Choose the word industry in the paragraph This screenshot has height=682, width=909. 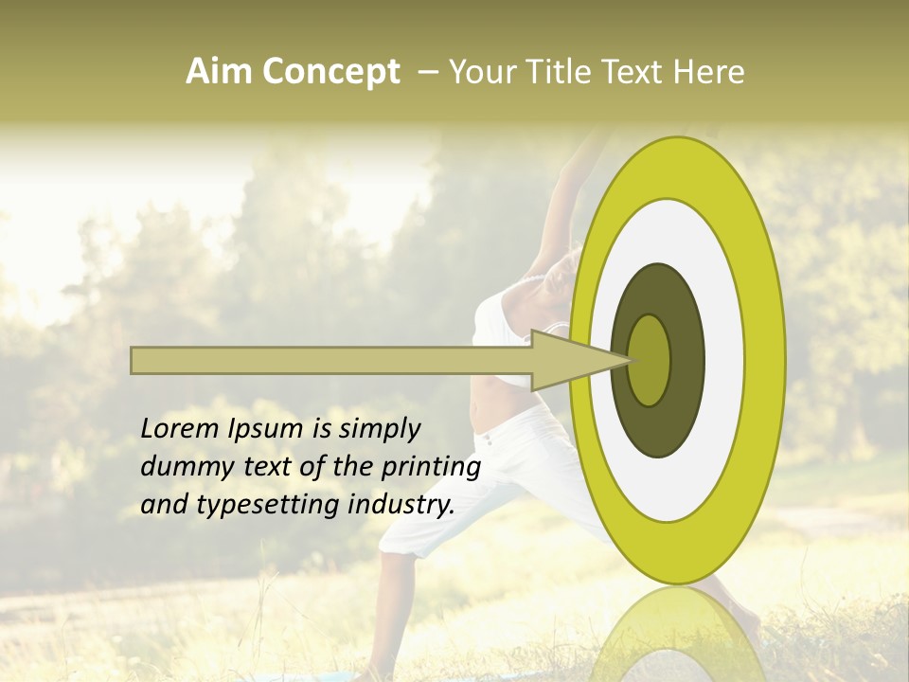[x=401, y=505]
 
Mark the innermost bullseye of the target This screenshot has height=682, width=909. [x=650, y=360]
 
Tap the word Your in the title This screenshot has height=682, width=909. [x=479, y=72]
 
